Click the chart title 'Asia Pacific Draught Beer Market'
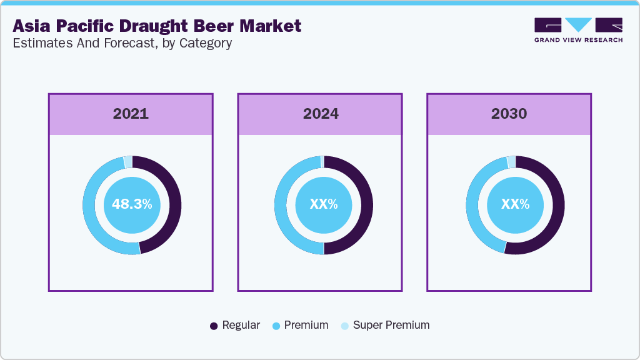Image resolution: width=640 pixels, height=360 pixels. click(x=157, y=26)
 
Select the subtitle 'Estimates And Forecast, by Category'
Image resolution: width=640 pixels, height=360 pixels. click(x=122, y=43)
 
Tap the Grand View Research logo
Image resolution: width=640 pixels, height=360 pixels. click(x=578, y=29)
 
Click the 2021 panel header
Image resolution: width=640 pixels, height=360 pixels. click(x=131, y=114)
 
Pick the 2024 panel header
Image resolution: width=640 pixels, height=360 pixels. click(x=321, y=114)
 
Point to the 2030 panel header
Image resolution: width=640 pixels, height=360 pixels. click(x=509, y=114)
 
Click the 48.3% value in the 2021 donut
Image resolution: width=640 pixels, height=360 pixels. click(x=132, y=204)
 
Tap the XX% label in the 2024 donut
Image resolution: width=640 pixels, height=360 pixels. click(x=324, y=204)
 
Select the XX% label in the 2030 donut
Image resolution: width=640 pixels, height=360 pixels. click(x=515, y=204)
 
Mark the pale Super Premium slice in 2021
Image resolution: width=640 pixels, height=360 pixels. click(x=128, y=162)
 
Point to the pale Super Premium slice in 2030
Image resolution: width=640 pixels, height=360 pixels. click(x=511, y=162)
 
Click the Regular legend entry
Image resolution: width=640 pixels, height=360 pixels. click(x=235, y=325)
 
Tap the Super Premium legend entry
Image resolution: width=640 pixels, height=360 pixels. click(x=385, y=325)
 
